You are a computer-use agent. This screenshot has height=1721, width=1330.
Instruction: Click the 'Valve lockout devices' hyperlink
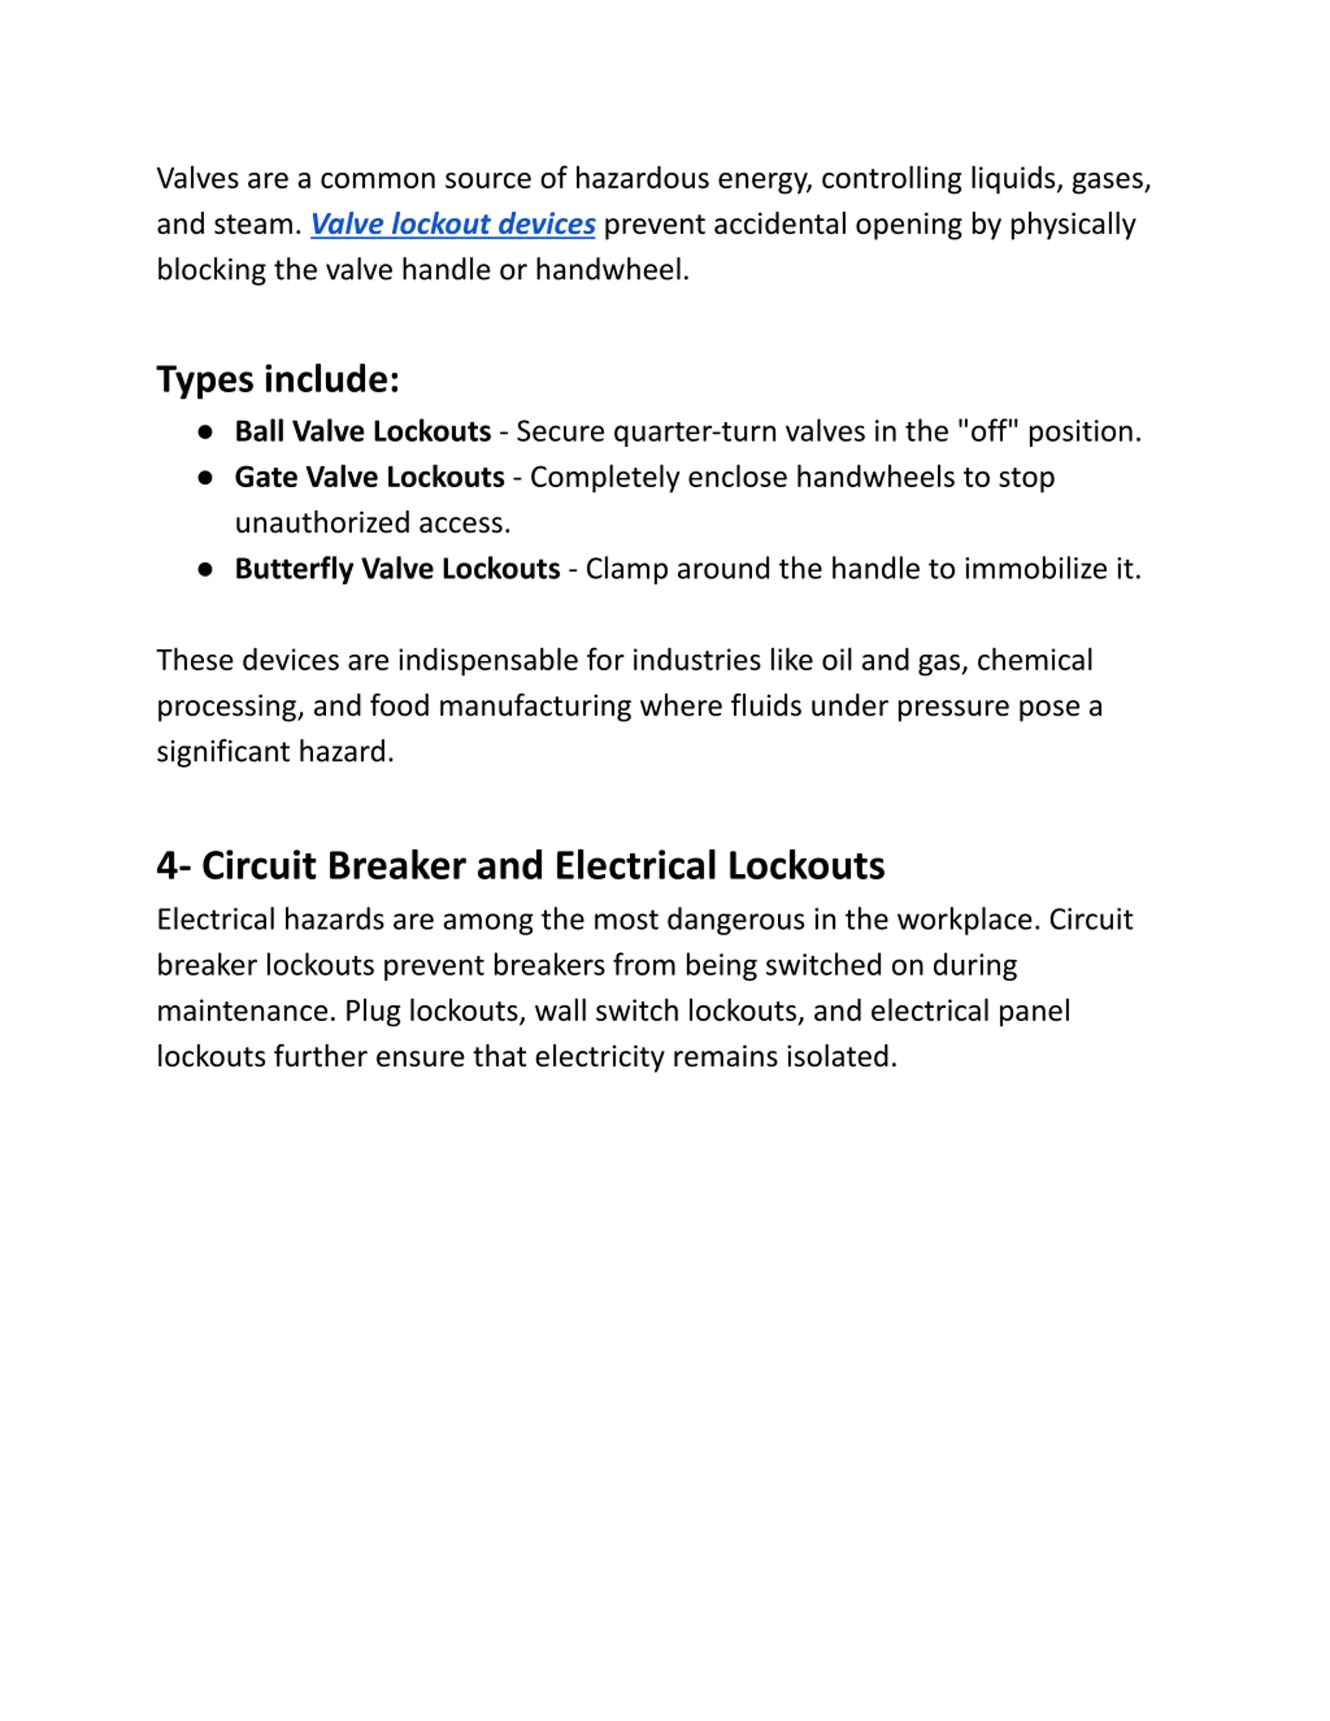tap(453, 224)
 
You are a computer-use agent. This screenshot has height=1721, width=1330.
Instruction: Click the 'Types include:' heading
tap(277, 379)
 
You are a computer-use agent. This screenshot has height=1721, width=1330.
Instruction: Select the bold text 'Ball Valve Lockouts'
tap(363, 432)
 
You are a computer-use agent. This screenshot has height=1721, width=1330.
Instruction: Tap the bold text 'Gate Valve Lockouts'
tap(369, 477)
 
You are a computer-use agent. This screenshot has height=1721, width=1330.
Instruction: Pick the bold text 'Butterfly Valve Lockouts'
tap(397, 569)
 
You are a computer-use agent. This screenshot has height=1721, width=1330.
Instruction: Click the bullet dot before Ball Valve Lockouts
tap(206, 433)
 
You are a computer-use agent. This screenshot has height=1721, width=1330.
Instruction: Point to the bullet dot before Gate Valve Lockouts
tap(206, 478)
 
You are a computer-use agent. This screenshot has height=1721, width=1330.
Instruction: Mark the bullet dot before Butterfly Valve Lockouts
tap(206, 570)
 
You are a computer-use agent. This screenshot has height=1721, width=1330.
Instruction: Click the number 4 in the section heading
tap(168, 866)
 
